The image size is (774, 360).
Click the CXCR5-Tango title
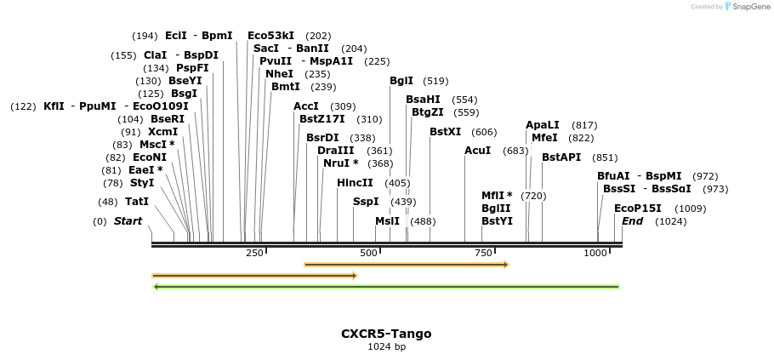[386, 334]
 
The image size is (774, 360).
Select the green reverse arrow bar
[386, 287]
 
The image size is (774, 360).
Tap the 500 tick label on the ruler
[368, 253]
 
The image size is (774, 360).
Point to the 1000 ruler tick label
[595, 253]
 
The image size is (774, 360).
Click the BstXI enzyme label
[445, 132]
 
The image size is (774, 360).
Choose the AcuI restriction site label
[477, 151]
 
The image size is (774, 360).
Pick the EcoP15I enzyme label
[637, 209]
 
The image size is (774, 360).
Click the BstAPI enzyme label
[561, 157]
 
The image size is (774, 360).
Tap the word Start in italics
[128, 221]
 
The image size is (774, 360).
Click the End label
[632, 221]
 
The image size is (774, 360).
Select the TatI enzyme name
[136, 202]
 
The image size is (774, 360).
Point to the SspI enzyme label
[366, 202]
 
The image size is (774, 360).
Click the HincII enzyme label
[355, 182]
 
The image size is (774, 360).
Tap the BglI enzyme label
[401, 81]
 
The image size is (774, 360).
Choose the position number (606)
[484, 132]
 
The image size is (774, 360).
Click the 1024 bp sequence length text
[386, 347]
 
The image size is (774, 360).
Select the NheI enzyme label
[279, 74]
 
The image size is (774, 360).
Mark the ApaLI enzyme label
[543, 125]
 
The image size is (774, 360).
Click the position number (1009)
[690, 209]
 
